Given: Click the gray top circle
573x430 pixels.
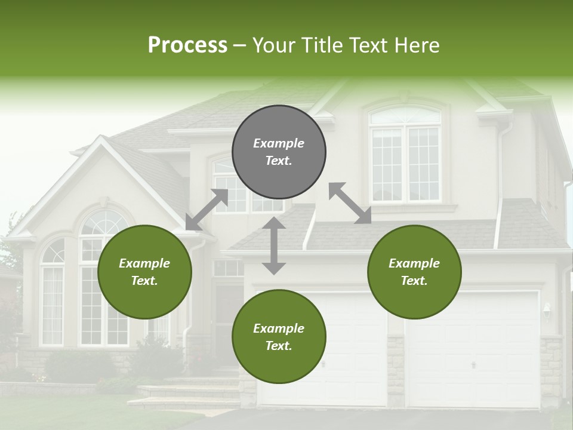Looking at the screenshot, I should click(279, 152).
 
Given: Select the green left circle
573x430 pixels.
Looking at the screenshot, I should click(144, 272).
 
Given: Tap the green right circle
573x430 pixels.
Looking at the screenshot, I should click(414, 272).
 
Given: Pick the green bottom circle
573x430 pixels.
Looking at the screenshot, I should click(279, 337).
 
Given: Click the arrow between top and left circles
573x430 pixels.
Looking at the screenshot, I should click(207, 210).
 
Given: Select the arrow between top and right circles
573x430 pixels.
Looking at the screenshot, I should click(350, 203).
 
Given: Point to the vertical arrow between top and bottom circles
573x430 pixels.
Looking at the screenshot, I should click(274, 245).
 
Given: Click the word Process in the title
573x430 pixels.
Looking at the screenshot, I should click(187, 45).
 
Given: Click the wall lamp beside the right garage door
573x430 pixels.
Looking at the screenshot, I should click(547, 310).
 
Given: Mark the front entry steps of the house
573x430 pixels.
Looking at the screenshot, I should click(185, 391).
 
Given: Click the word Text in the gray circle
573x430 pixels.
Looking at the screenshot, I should click(279, 161).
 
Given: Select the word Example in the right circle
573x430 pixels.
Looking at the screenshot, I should click(414, 263).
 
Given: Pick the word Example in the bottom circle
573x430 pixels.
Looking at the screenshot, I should click(279, 328).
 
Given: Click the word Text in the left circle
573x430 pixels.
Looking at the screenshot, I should click(144, 281).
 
